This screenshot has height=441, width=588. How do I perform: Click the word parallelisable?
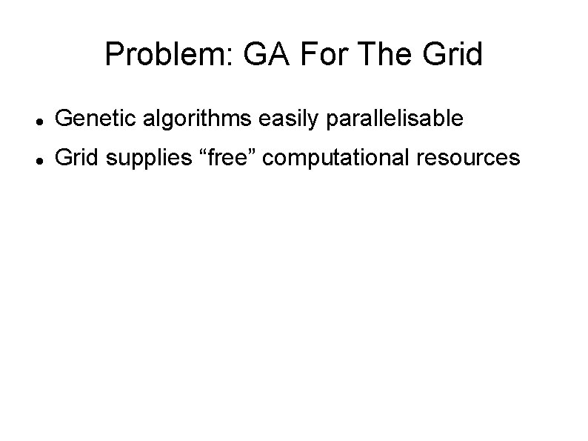tap(391, 118)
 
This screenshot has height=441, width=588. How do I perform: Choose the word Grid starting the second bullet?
tap(77, 157)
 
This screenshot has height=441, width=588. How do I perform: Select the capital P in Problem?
tap(114, 54)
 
